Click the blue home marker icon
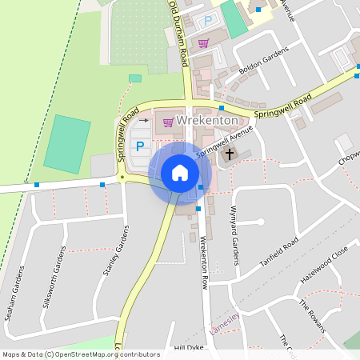[x=179, y=173]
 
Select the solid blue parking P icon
[x=141, y=146]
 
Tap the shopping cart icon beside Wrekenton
[x=168, y=122]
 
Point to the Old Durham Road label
[x=179, y=34]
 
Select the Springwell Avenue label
[x=218, y=142]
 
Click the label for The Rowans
[x=312, y=315]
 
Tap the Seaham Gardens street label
[x=15, y=293]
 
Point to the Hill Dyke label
[x=190, y=349]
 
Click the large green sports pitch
[x=67, y=144]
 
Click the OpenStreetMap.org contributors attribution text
[x=104, y=354]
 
